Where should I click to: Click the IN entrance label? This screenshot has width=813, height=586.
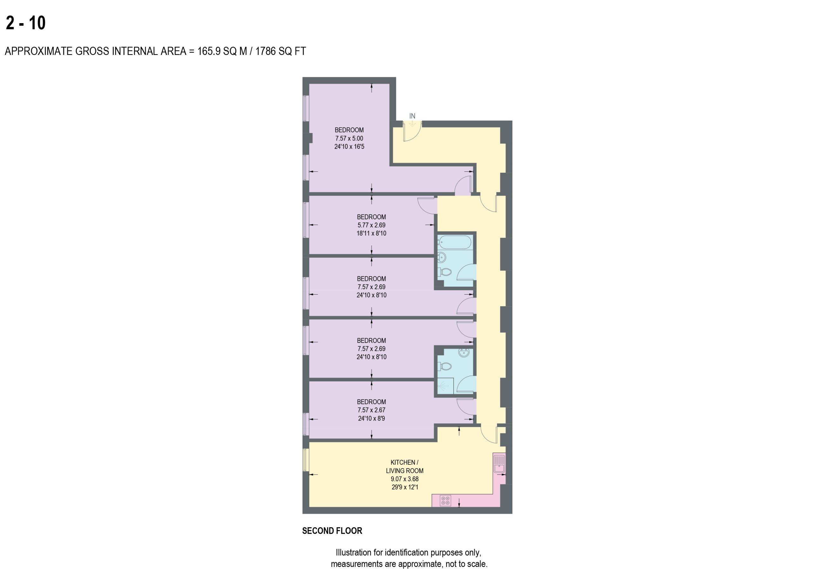click(412, 116)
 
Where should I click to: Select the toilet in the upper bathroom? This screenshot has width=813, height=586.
click(445, 272)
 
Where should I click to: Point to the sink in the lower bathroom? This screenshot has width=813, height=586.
click(464, 353)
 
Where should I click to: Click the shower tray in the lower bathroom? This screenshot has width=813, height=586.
click(446, 386)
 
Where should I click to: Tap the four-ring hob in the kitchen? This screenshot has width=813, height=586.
click(445, 501)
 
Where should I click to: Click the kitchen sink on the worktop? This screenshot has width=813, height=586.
click(499, 464)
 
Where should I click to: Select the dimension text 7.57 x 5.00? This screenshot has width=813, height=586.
click(349, 138)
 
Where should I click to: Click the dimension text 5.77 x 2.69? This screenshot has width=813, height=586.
click(371, 225)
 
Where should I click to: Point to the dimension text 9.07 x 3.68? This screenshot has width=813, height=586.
click(405, 479)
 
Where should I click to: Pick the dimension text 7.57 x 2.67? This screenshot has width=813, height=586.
click(371, 410)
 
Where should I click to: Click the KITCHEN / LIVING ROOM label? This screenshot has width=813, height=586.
click(405, 467)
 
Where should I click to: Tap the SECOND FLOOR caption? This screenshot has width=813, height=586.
click(332, 531)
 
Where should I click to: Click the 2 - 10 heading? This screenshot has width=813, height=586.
click(26, 23)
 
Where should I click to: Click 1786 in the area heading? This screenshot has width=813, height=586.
click(265, 51)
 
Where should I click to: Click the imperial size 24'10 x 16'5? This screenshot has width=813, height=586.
click(349, 147)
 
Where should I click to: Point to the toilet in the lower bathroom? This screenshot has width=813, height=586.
click(445, 366)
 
